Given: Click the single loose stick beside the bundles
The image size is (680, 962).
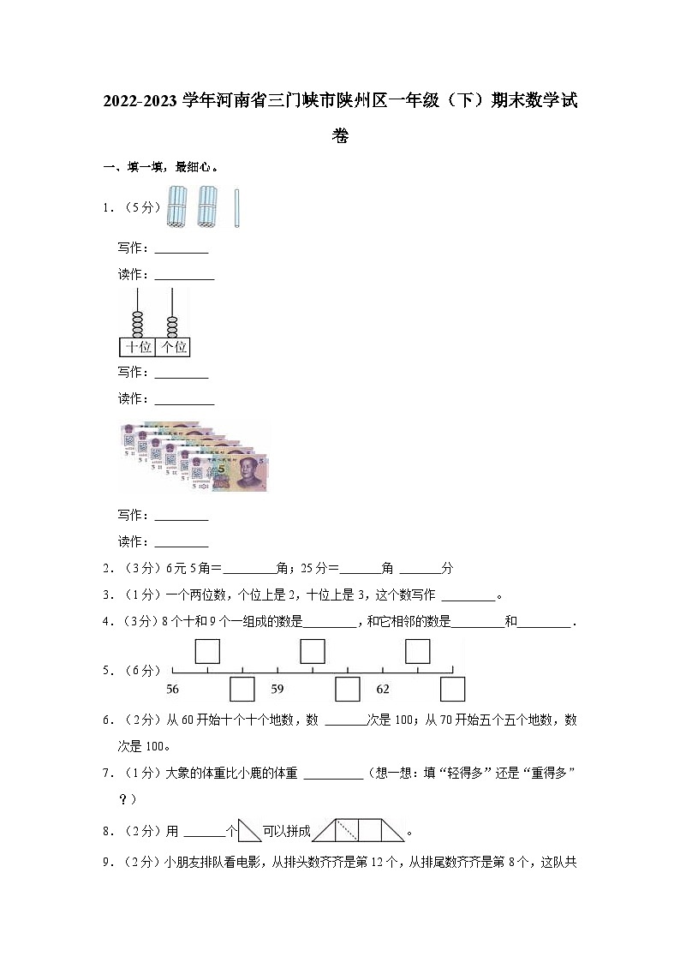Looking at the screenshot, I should (236, 208).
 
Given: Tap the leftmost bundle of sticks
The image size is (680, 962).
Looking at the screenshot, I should (177, 208).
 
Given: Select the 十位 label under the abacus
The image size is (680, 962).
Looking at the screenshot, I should (137, 347).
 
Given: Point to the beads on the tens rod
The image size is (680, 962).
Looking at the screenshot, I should (137, 326).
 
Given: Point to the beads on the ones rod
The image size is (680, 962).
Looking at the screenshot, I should (173, 326).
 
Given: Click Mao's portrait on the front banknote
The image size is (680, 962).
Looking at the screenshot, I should (248, 470).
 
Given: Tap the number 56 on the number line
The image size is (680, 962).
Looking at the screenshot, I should (173, 689).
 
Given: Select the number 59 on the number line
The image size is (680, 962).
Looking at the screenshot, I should (277, 689).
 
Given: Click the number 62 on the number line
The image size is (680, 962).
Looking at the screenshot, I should (383, 689).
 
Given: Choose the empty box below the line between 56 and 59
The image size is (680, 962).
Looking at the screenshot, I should (243, 689).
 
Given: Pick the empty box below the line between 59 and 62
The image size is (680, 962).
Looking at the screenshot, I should (348, 689).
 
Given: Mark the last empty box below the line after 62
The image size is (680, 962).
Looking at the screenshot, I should (452, 689).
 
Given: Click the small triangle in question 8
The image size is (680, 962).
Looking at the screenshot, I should (249, 830).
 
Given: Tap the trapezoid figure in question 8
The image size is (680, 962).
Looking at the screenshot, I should (358, 830).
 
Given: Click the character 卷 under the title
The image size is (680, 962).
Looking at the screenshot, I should (340, 136).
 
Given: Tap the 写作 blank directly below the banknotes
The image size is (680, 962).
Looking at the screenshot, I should (180, 516).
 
